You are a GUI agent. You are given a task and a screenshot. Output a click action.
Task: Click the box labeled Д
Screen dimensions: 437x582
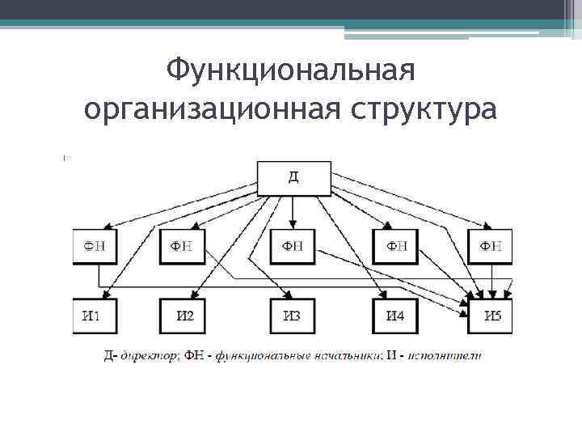pos(293,178)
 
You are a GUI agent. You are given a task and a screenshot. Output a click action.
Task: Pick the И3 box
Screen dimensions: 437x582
pos(293,316)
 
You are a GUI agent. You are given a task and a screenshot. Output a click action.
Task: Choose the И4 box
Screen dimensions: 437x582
pos(396,316)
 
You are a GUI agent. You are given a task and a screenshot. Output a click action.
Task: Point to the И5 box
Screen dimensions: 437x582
pos(490,316)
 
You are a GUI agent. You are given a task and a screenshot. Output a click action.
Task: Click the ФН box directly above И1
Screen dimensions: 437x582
pos(95,245)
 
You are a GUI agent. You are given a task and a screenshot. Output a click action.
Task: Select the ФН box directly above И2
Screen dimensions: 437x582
pos(183,245)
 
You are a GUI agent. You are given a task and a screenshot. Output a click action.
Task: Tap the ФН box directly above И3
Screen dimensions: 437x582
pos(293,245)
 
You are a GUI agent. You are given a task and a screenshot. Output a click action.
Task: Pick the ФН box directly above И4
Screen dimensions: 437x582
pos(396,245)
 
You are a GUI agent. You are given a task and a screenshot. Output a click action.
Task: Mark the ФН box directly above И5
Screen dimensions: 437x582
pos(490,245)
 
